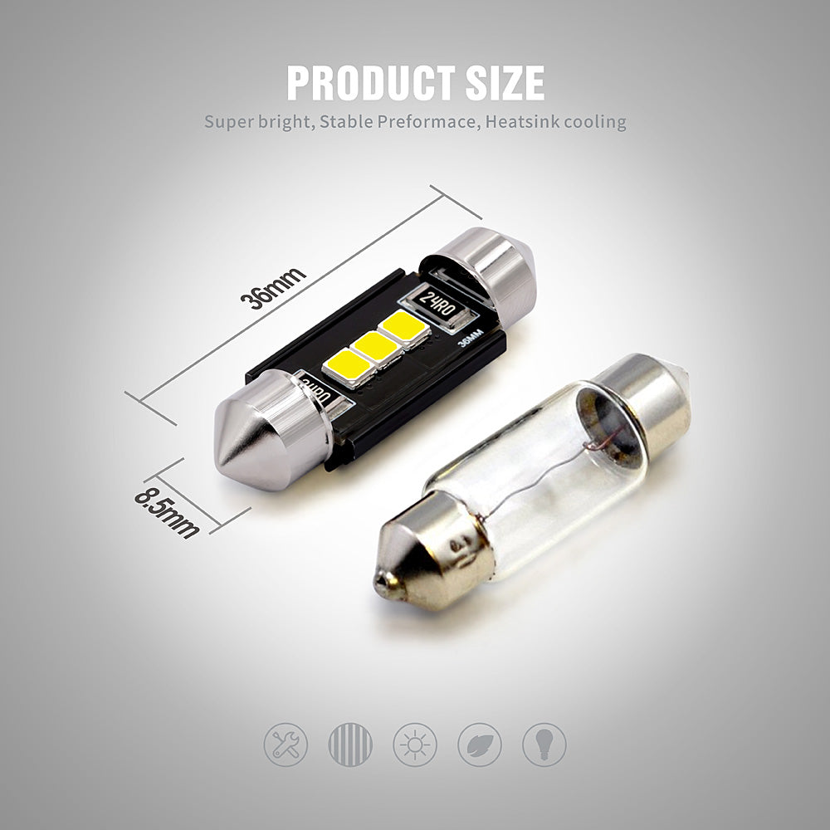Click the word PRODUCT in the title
(x=370, y=83)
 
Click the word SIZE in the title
(x=505, y=83)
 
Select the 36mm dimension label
(x=272, y=288)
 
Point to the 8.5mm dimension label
(x=168, y=513)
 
